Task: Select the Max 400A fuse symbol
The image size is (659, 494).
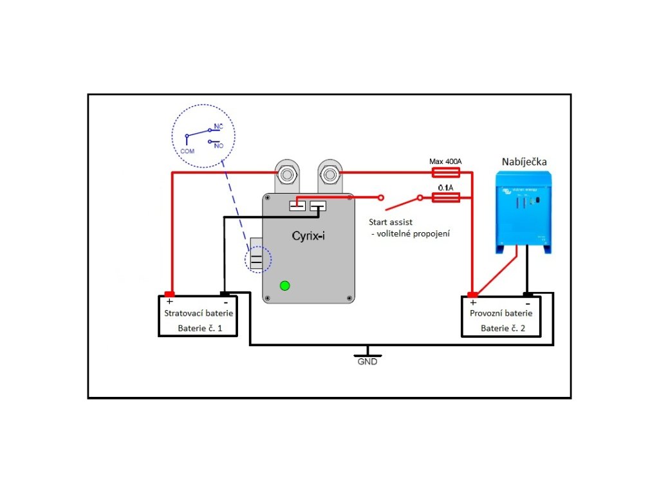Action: pyautogui.click(x=446, y=172)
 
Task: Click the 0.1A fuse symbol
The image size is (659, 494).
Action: pyautogui.click(x=446, y=197)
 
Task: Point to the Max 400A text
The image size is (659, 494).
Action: pyautogui.click(x=445, y=161)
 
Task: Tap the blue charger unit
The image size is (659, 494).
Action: pyautogui.click(x=525, y=211)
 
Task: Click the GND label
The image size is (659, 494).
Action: pyautogui.click(x=367, y=361)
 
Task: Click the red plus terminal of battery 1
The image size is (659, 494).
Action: pyautogui.click(x=169, y=294)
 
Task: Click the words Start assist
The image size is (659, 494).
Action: pyautogui.click(x=391, y=221)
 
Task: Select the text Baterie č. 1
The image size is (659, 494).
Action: pyautogui.click(x=200, y=329)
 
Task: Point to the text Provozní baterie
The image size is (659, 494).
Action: pyautogui.click(x=501, y=313)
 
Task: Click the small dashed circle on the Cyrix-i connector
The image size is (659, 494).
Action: pyautogui.click(x=258, y=261)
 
